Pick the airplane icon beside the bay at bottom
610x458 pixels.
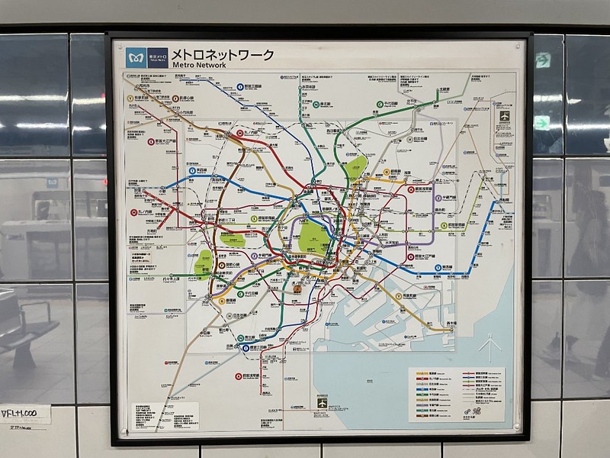[x=322, y=402]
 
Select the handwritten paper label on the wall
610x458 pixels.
[x=24, y=416]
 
